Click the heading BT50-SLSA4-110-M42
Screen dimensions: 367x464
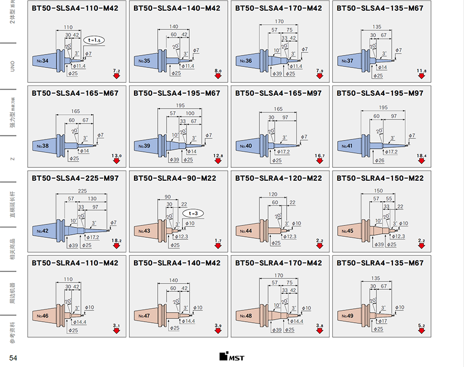click(x=75, y=8)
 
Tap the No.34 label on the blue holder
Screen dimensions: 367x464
click(x=42, y=61)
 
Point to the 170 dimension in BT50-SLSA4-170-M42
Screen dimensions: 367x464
click(x=279, y=22)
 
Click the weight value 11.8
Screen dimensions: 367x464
click(x=421, y=71)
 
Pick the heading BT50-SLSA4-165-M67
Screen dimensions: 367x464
click(x=75, y=93)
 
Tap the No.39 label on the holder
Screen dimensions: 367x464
click(x=144, y=146)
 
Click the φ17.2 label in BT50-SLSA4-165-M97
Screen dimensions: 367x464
click(x=284, y=152)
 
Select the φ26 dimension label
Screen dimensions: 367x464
click(x=379, y=161)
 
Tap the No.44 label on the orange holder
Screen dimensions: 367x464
click(x=245, y=232)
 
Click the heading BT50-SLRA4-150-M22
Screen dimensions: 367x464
click(x=380, y=178)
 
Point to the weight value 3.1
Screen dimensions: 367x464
click(x=116, y=326)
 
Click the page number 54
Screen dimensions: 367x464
click(x=13, y=358)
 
